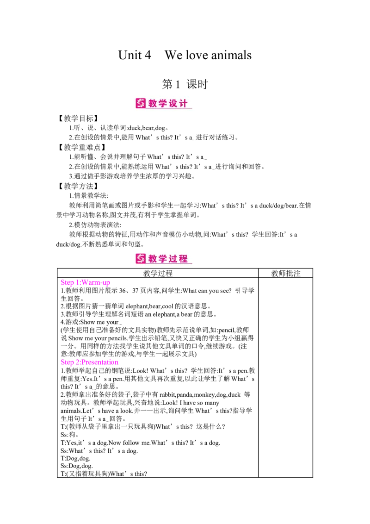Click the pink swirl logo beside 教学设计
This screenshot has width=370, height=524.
141,103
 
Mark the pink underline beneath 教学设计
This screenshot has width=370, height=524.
169,109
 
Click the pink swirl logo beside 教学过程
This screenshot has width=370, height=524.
141,258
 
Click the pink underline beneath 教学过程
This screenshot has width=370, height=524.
169,264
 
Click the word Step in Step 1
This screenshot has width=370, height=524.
67,282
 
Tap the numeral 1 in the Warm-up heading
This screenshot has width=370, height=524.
76,282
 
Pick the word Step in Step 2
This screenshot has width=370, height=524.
67,362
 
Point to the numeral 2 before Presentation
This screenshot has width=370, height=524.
76,362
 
